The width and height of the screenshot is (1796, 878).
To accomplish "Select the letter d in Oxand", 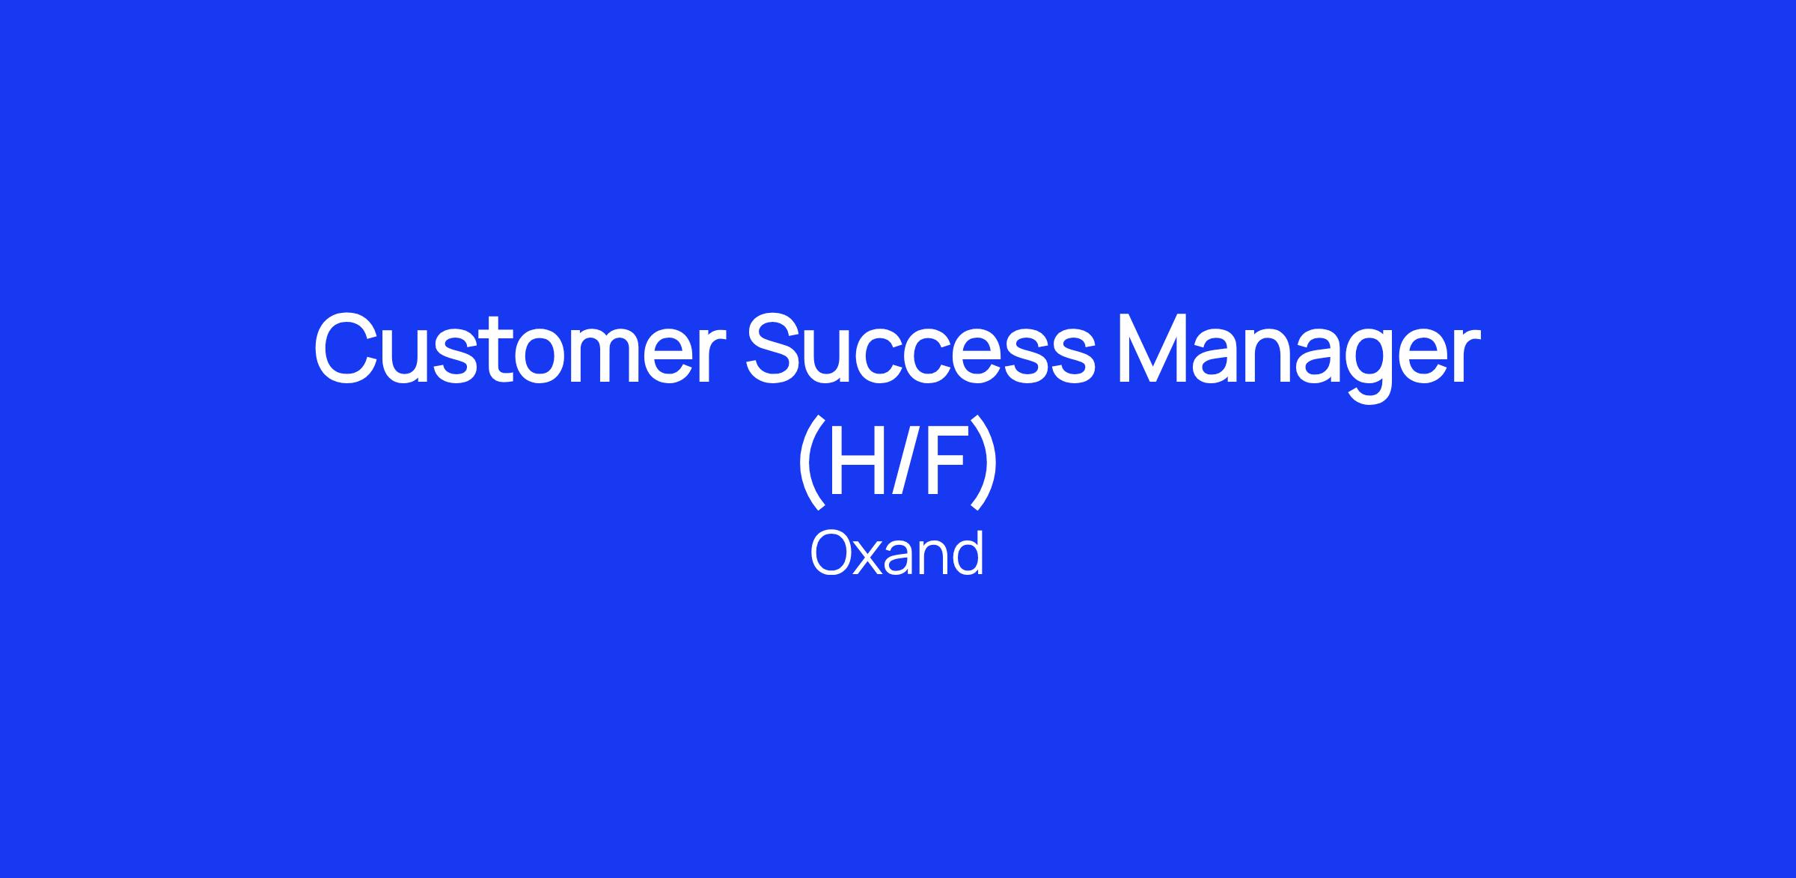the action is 968,553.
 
